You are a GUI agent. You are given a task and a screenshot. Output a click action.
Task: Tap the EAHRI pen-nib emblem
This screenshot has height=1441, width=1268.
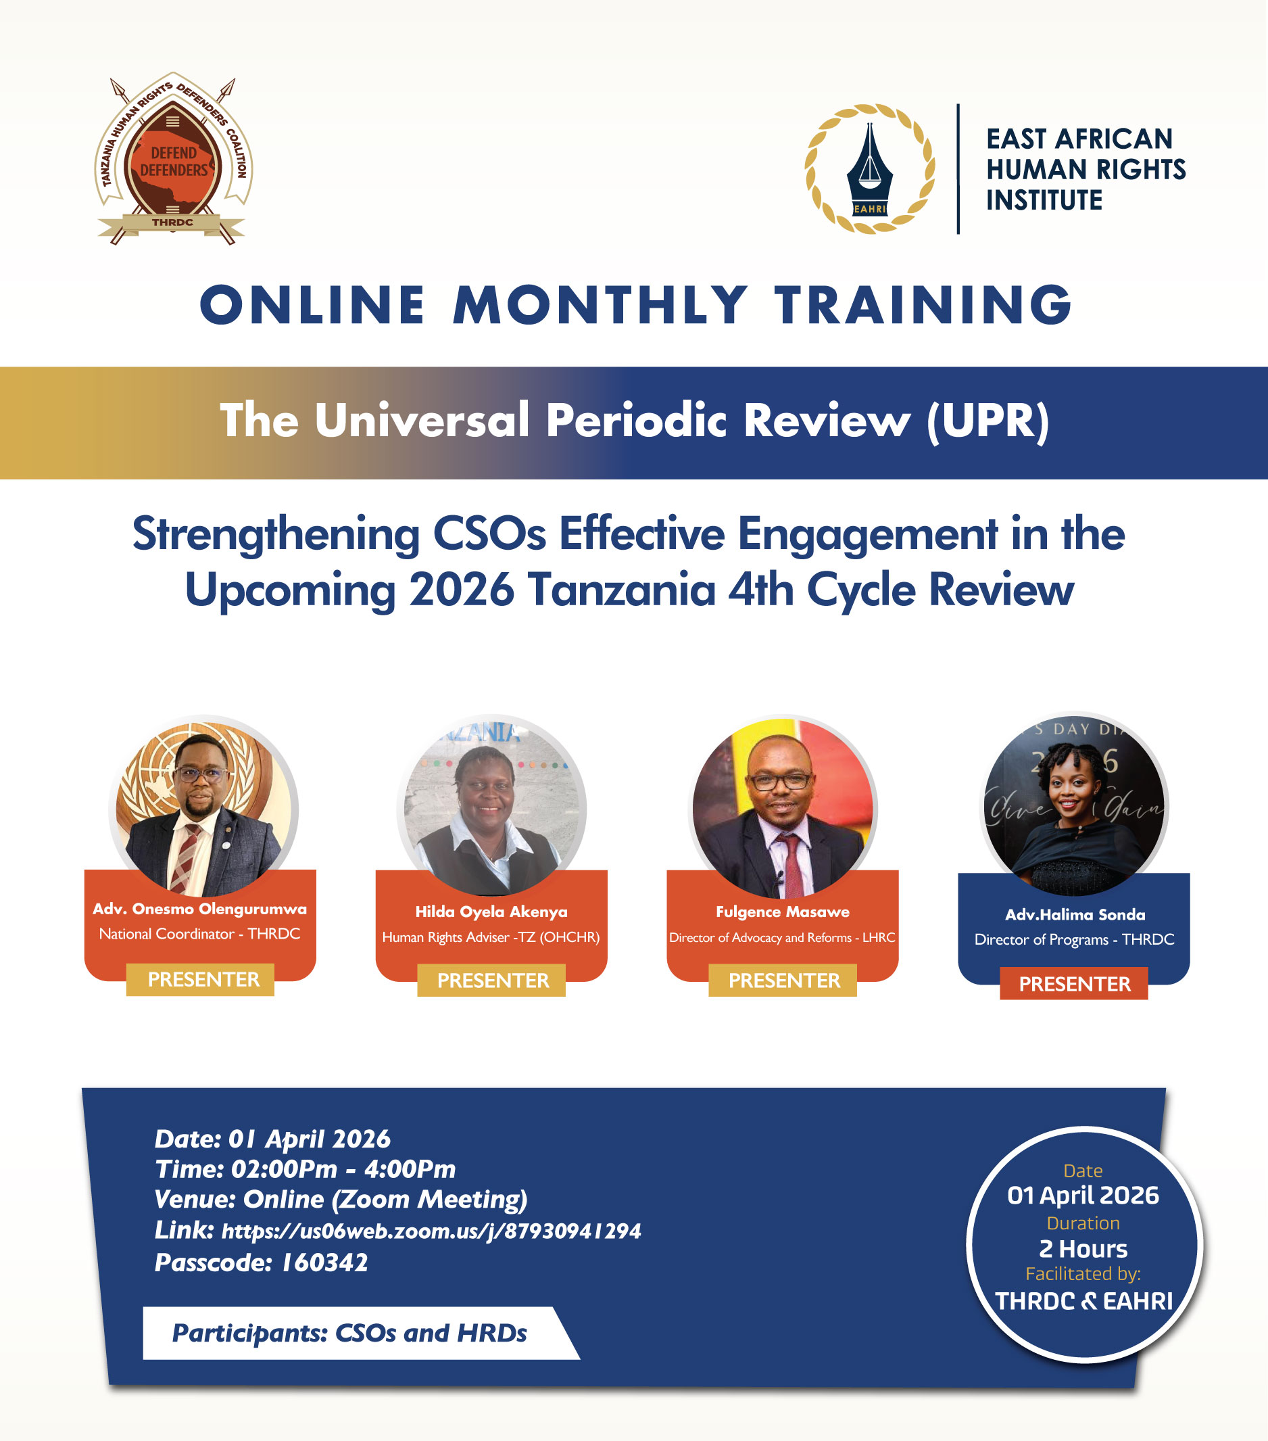(x=870, y=169)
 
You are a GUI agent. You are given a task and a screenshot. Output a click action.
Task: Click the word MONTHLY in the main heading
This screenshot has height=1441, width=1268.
(x=600, y=305)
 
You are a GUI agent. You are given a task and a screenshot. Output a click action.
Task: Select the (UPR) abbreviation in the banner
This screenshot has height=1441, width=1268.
(x=987, y=421)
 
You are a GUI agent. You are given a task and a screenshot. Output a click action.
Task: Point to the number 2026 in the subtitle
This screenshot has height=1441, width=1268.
(x=462, y=590)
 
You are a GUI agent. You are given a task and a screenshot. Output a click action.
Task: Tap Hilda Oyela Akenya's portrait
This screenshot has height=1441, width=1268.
(x=492, y=809)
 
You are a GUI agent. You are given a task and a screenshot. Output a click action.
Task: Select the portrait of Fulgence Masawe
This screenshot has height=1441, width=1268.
(x=783, y=809)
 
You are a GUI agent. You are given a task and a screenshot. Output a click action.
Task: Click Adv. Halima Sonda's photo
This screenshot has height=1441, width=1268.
(x=1074, y=807)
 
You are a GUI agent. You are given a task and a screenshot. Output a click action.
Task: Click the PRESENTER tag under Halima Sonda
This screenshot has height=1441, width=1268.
(x=1073, y=983)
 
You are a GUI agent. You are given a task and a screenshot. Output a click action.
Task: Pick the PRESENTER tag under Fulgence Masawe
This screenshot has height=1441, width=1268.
(x=783, y=980)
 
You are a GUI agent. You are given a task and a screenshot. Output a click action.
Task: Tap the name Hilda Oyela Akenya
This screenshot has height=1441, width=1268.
(x=491, y=912)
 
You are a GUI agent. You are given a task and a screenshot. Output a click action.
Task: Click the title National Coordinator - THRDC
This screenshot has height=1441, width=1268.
(x=199, y=933)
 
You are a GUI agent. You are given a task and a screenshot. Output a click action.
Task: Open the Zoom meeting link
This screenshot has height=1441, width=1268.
(x=431, y=1231)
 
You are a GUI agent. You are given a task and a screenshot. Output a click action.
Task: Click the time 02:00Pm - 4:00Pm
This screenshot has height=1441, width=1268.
(x=343, y=1170)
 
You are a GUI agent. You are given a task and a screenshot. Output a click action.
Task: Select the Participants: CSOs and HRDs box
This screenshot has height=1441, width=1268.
(x=349, y=1332)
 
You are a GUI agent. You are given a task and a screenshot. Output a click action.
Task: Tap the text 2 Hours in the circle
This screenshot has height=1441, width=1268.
(x=1083, y=1248)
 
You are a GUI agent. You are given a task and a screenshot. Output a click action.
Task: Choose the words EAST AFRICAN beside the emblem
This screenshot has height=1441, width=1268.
(x=1078, y=139)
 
